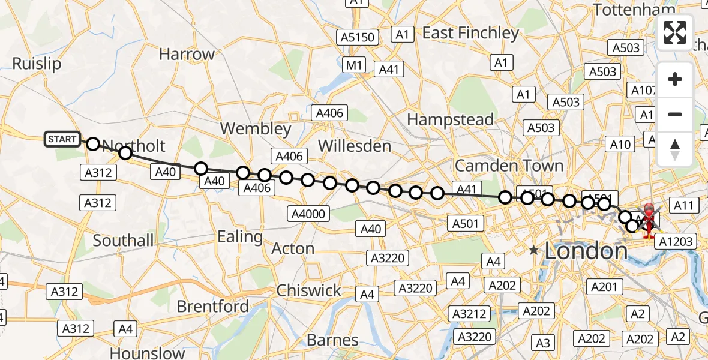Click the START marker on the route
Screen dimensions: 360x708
point(62,140)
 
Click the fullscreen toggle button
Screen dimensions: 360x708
point(675,32)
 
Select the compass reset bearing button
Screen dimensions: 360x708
point(675,149)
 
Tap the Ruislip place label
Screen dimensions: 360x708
point(37,64)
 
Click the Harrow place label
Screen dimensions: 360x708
point(187,54)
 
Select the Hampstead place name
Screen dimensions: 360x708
point(450,119)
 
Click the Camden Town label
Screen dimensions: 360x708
point(509,165)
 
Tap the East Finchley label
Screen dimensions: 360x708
point(470,33)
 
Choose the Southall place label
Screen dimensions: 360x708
point(123,241)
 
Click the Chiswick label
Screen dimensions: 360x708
point(308,291)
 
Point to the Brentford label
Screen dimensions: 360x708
point(212,307)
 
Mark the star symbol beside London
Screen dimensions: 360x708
point(533,250)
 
